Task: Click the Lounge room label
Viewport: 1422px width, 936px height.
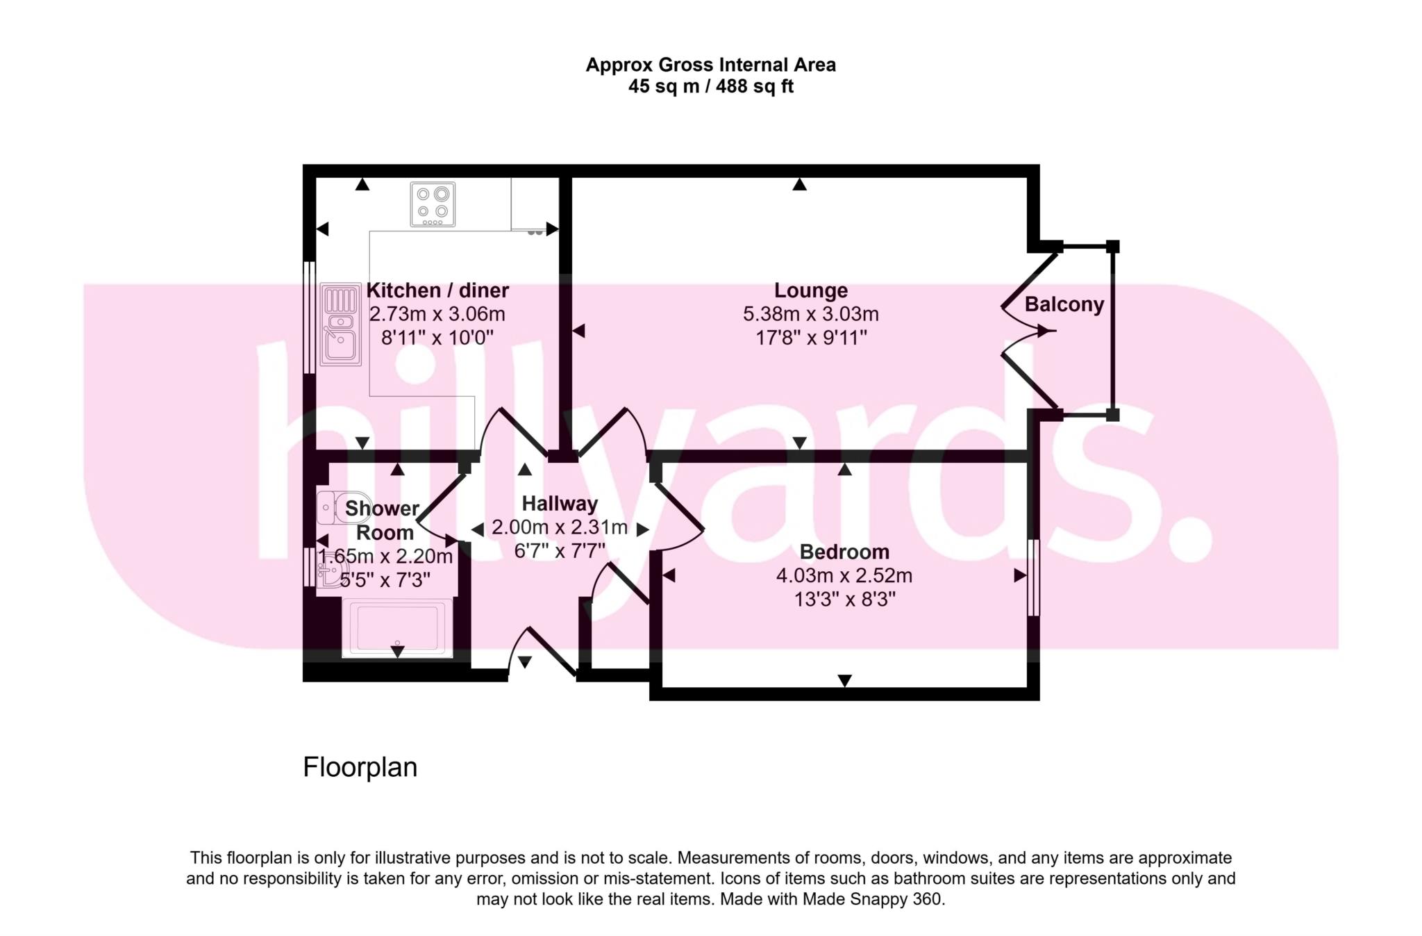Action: (810, 290)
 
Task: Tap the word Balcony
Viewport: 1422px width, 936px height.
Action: (1064, 304)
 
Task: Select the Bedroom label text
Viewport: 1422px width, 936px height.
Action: (844, 552)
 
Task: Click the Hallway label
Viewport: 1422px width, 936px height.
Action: (560, 503)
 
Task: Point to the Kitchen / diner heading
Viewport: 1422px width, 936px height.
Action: (437, 290)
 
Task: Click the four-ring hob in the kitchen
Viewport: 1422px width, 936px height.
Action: (433, 204)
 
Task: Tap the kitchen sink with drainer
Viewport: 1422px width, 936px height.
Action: (340, 325)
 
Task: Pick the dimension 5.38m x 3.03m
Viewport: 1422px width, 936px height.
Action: (810, 314)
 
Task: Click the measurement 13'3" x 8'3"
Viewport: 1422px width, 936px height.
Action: (844, 599)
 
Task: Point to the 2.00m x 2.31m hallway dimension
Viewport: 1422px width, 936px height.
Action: (560, 527)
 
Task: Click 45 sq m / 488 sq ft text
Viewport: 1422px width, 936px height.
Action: (710, 87)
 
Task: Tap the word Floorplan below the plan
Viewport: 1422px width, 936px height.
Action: (360, 767)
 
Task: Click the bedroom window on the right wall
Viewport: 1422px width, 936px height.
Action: (1033, 577)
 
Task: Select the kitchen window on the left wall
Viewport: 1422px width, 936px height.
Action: (310, 318)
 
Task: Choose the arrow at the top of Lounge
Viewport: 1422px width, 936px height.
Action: (800, 184)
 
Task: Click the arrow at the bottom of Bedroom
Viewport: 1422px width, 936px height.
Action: (844, 680)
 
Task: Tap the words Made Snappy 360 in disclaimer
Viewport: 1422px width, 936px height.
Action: (873, 899)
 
